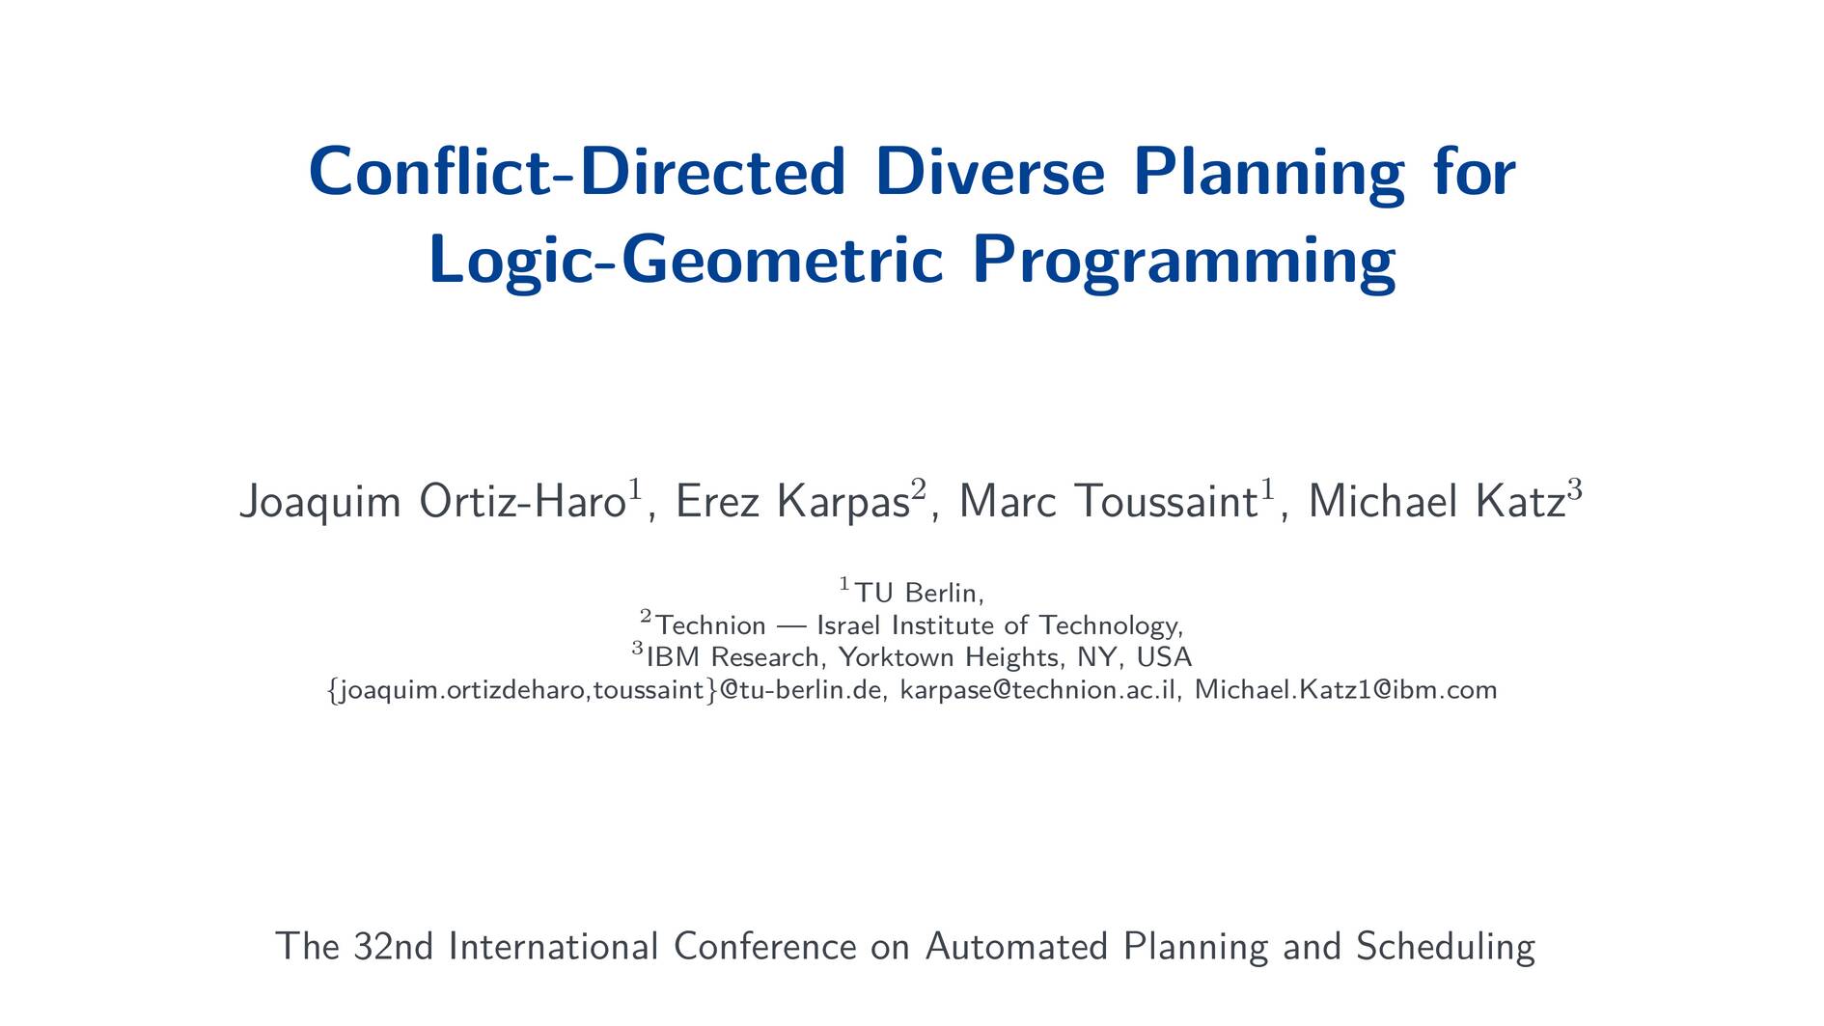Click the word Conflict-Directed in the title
(577, 171)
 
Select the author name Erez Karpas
(792, 501)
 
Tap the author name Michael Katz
(1436, 501)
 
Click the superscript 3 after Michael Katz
(1574, 489)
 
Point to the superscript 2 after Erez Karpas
(919, 489)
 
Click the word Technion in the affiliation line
(710, 625)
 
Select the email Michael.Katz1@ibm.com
(1346, 690)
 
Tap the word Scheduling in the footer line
(1445, 947)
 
